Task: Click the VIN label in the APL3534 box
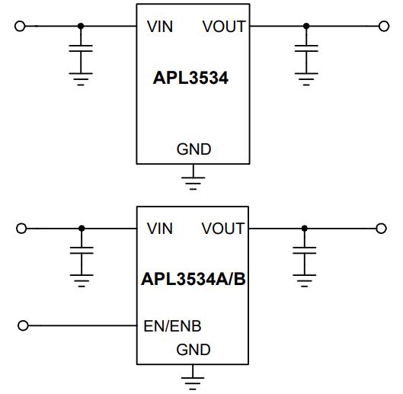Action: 160,27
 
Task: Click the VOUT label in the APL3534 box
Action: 224,27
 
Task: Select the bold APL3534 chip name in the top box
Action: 190,78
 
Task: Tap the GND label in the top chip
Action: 194,149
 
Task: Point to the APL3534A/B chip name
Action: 194,279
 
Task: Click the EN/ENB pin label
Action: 172,326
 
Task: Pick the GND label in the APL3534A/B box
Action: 194,350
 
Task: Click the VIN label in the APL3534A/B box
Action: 160,229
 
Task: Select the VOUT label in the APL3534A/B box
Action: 223,229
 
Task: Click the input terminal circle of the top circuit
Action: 20,26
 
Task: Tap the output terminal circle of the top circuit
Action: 384,26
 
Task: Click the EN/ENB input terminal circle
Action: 23,325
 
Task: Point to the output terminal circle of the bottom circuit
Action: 381,229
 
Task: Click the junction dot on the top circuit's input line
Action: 81,26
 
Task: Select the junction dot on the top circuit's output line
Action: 306,26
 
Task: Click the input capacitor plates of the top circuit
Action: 81,48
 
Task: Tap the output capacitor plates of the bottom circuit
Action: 305,251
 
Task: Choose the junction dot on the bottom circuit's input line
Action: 82,229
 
